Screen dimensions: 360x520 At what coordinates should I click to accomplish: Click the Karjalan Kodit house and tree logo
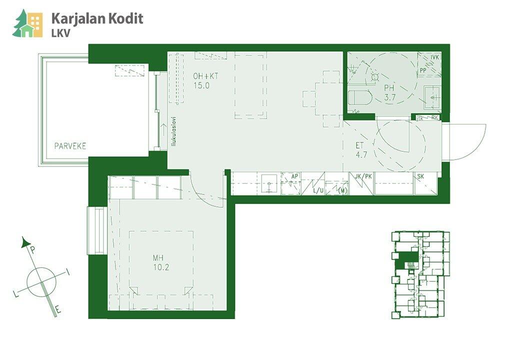pos(28,24)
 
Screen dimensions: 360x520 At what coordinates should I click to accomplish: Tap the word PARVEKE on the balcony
pos(70,146)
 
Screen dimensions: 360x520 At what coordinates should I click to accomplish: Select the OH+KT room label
pos(206,76)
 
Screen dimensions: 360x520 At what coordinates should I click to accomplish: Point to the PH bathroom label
pos(389,88)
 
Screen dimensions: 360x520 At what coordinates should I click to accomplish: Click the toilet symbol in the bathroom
pos(359,97)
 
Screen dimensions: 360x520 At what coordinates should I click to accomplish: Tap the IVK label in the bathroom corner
pos(435,58)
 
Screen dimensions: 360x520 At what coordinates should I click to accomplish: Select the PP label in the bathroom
pos(423,70)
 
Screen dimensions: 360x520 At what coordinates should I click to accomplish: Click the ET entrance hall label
pos(359,145)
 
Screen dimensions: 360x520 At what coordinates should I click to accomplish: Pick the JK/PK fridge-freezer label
pos(363,176)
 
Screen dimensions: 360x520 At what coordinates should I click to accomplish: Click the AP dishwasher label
pos(295,176)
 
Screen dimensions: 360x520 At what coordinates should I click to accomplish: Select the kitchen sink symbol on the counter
pos(269,183)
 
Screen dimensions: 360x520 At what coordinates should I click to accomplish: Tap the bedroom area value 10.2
pos(161,267)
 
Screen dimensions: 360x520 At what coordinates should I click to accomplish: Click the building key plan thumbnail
pos(420,274)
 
